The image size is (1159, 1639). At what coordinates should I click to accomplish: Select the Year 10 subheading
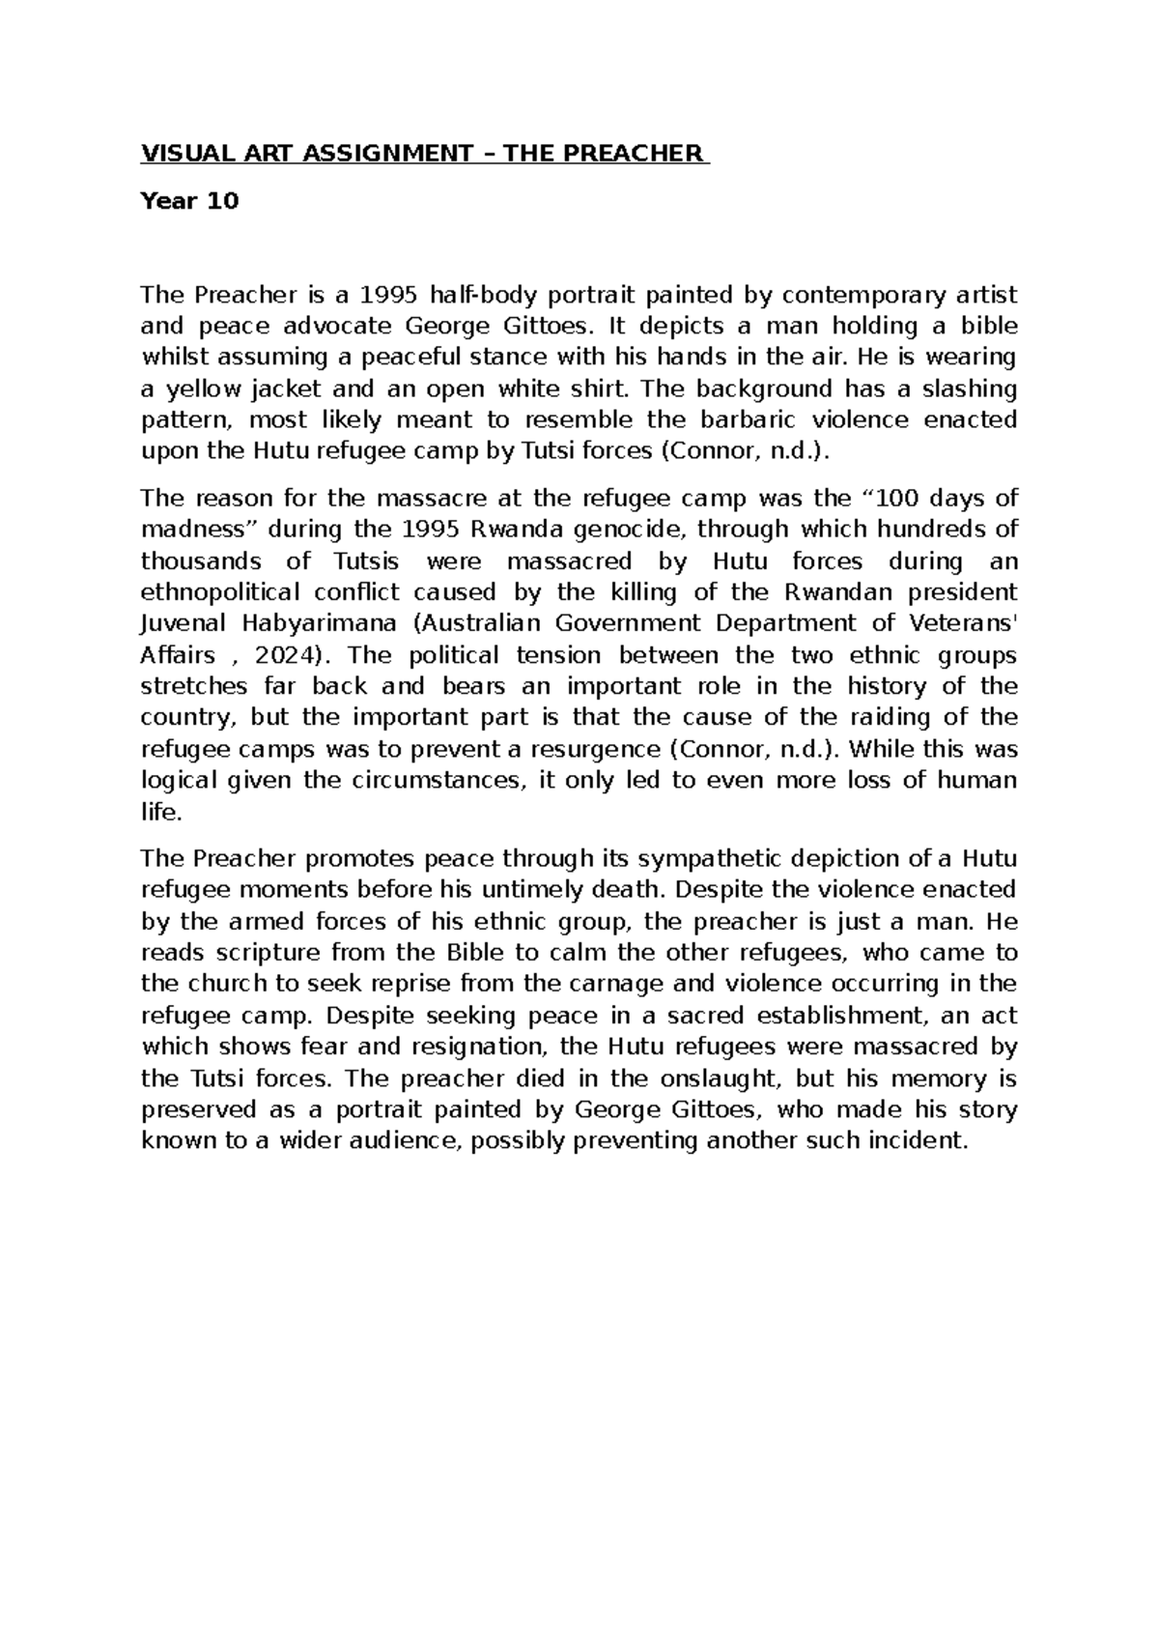click(x=189, y=201)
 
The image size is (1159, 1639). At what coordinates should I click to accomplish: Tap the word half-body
click(x=484, y=294)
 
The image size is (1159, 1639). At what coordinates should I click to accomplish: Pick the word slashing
click(x=965, y=388)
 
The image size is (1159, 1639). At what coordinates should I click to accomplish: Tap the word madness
click(x=199, y=530)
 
